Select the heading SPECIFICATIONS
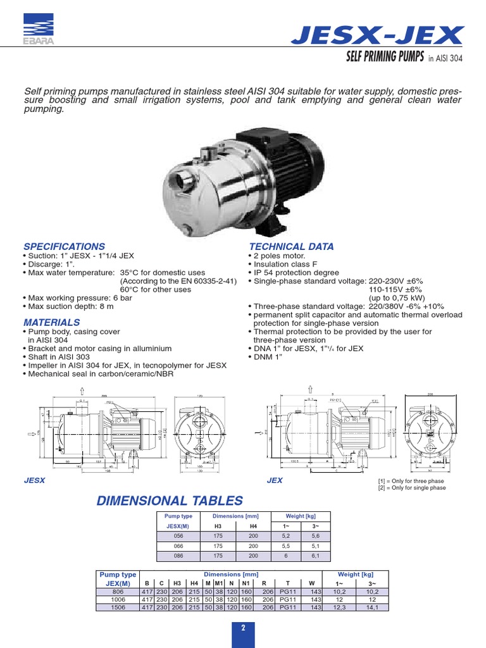(65, 247)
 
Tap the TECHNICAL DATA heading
(292, 247)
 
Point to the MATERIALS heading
(52, 323)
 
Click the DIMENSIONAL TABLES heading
(169, 501)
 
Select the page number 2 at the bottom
(242, 628)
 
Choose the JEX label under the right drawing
(275, 481)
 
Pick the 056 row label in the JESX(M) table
(178, 535)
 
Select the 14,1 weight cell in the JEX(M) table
(371, 607)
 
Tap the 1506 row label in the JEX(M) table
(119, 607)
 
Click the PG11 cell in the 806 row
(287, 592)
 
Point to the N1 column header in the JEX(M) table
(246, 583)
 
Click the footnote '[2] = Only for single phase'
(411, 488)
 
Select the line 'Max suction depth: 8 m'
(71, 306)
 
